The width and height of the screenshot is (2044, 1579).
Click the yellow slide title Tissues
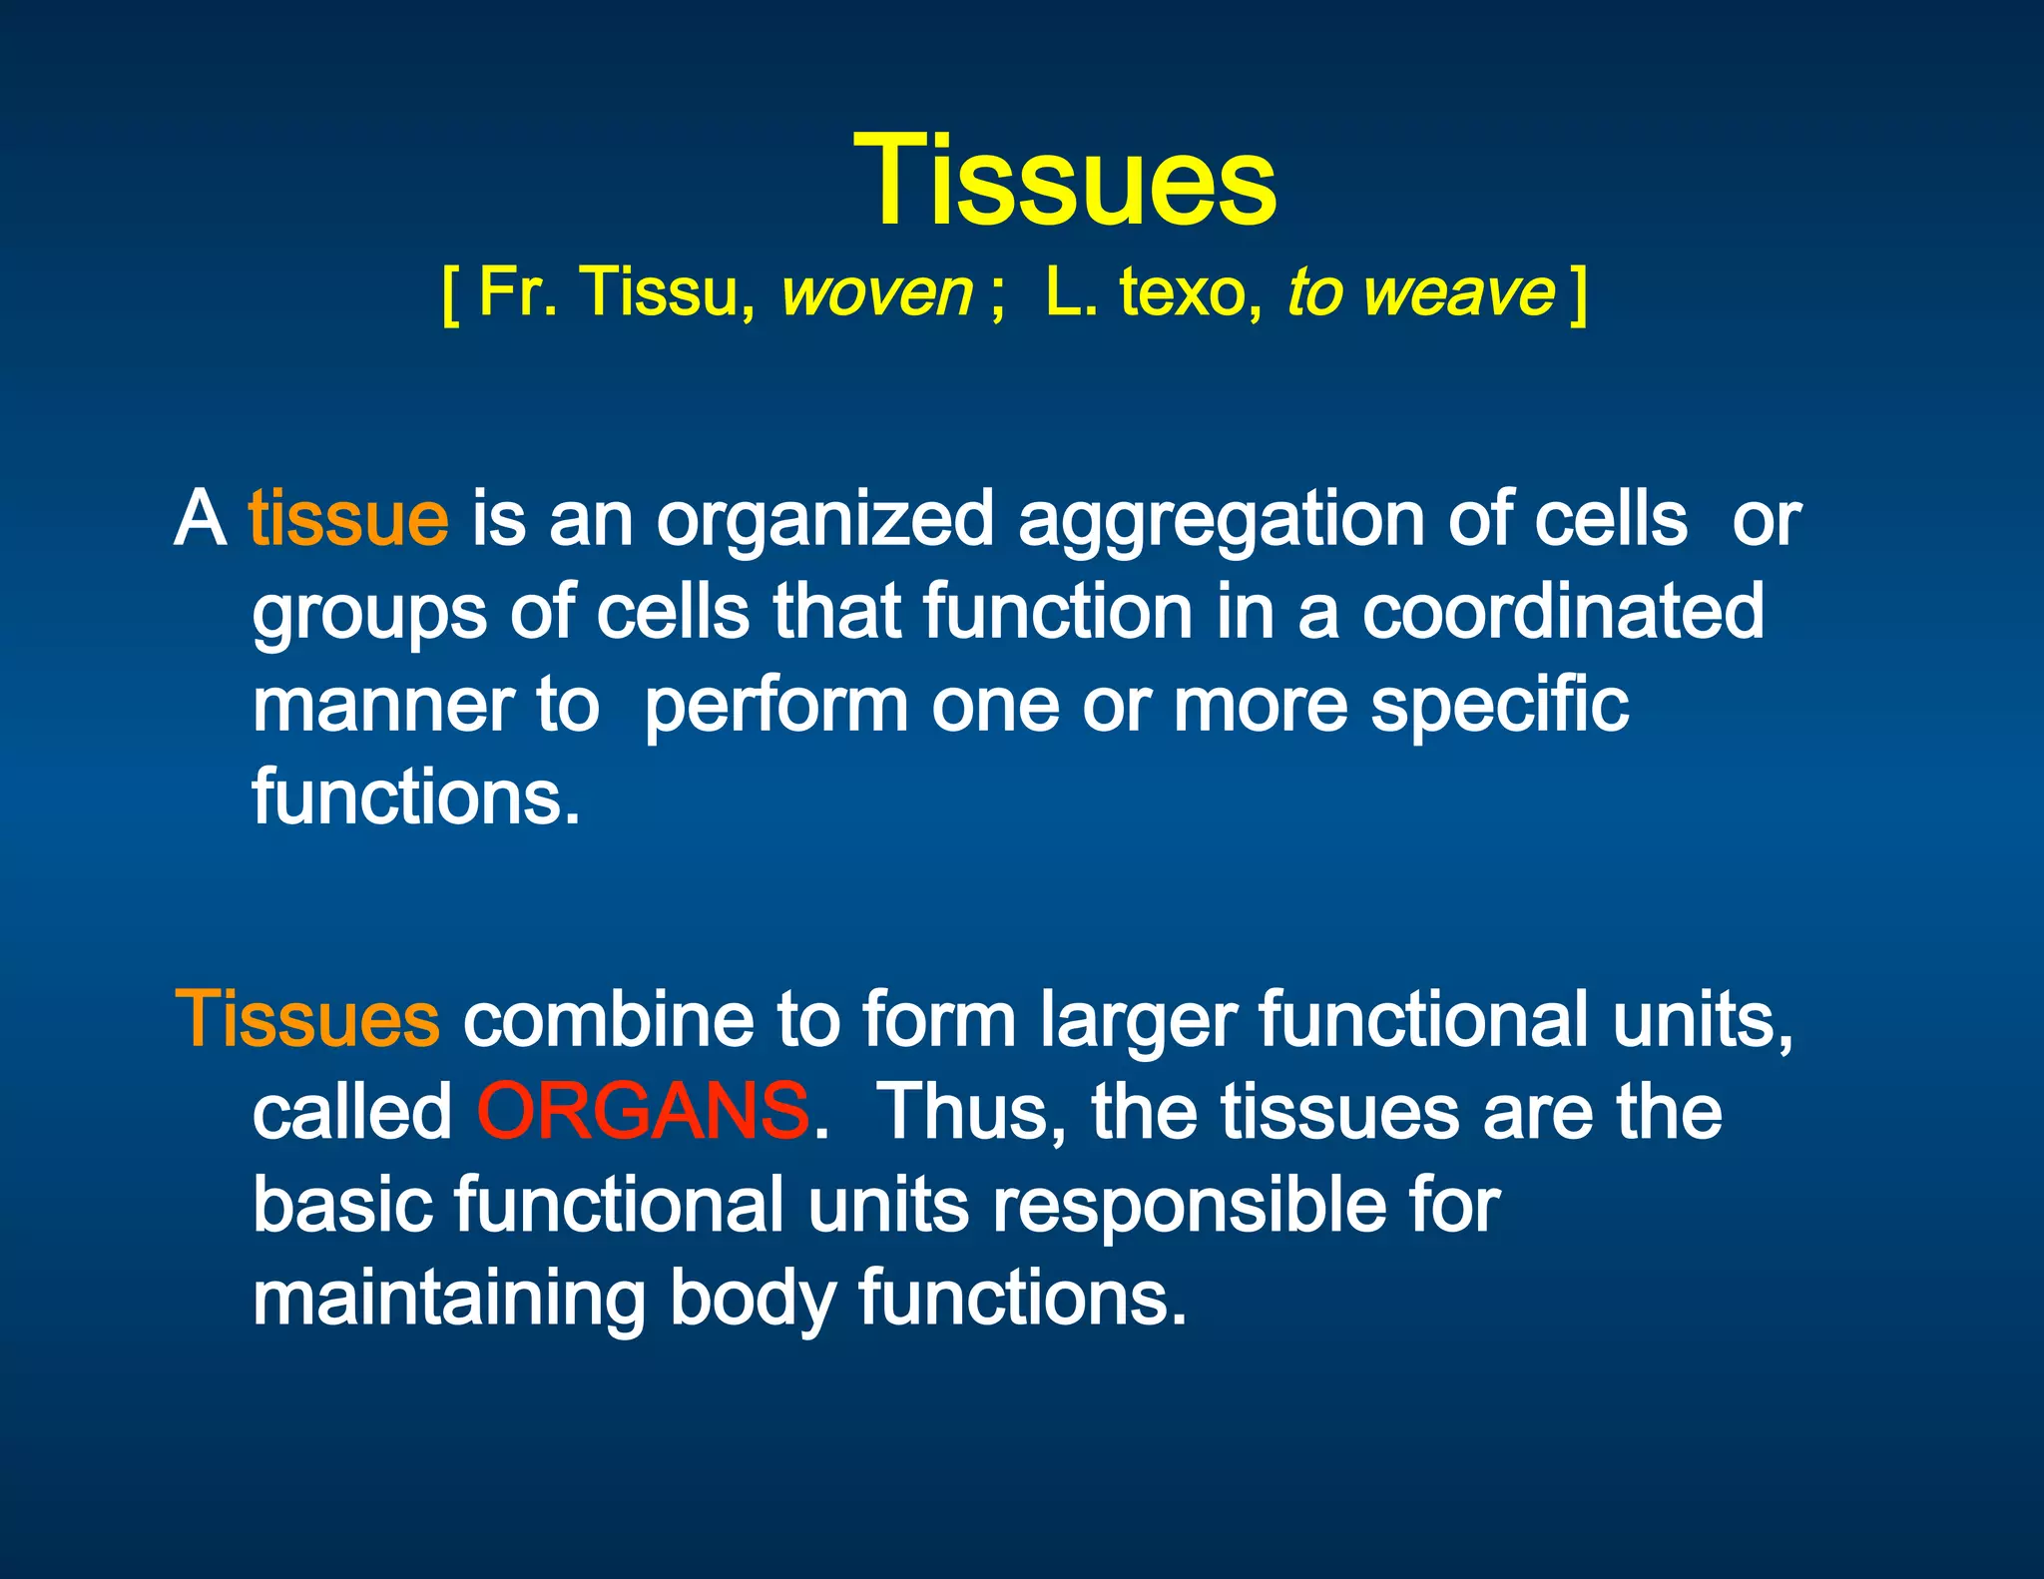point(1064,182)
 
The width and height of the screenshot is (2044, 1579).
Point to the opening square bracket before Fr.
point(450,295)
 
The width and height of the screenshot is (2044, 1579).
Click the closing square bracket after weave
point(1578,295)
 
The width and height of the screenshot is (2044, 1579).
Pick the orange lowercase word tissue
point(348,519)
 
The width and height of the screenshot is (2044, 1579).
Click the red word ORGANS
point(643,1111)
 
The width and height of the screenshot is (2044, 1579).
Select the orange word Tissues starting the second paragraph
point(307,1019)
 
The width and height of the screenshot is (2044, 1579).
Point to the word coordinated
point(1563,612)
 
